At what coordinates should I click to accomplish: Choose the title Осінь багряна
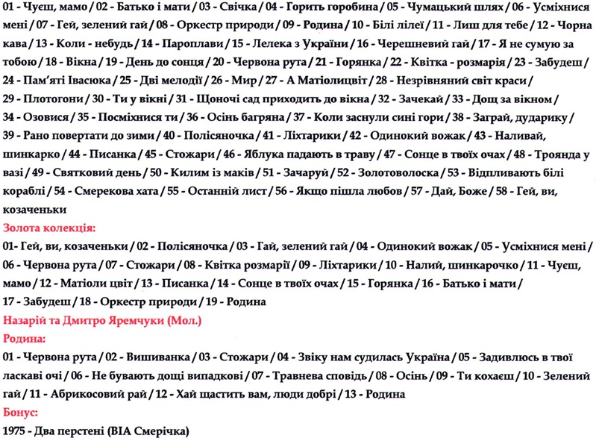click(239, 118)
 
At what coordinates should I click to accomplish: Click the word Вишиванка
click(148, 357)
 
